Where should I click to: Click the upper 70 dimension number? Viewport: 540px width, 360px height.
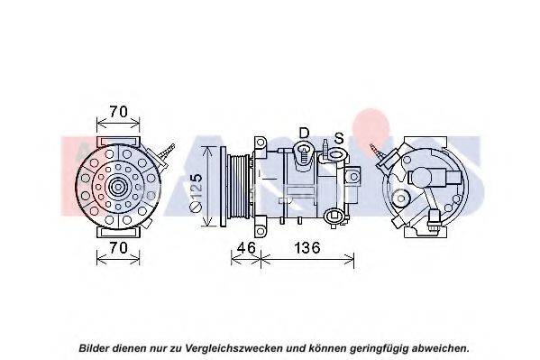(x=118, y=111)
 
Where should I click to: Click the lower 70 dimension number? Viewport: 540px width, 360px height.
(x=118, y=247)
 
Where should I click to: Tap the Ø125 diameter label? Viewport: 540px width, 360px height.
(x=197, y=192)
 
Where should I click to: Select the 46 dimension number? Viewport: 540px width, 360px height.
(x=247, y=247)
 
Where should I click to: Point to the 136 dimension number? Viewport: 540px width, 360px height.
(x=307, y=247)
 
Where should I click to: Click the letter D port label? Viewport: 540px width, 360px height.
(x=304, y=133)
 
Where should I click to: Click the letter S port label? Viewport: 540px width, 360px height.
(x=339, y=138)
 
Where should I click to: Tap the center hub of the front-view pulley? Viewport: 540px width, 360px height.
(x=118, y=188)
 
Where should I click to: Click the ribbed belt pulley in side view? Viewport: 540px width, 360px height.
(x=238, y=186)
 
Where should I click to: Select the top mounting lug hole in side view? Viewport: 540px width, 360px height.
(x=261, y=142)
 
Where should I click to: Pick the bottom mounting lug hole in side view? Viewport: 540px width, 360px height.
(x=261, y=230)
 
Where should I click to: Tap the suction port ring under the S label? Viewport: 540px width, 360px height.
(x=335, y=153)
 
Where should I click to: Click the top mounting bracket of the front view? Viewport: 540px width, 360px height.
(x=118, y=142)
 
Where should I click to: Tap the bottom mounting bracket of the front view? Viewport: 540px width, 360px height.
(x=118, y=232)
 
